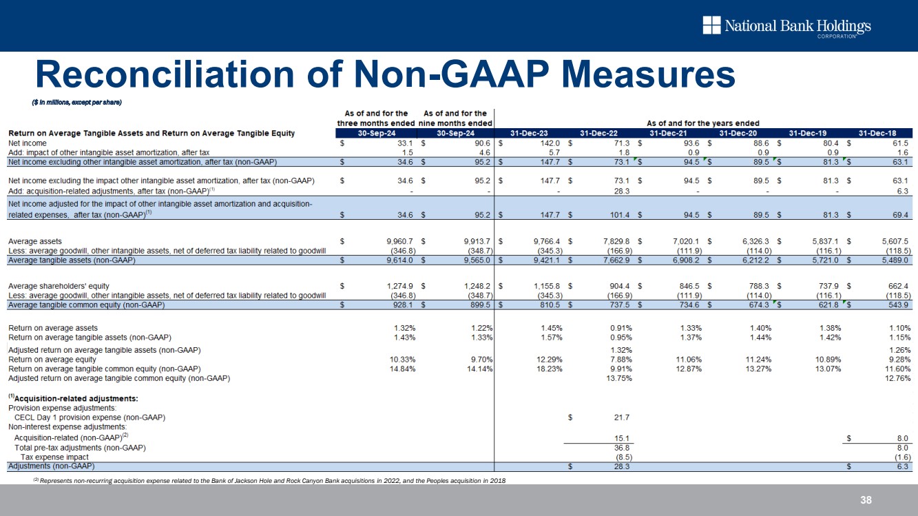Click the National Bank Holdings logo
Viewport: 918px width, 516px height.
[786, 27]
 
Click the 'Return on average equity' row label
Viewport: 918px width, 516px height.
[52, 360]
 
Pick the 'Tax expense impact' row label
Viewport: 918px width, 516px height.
[54, 457]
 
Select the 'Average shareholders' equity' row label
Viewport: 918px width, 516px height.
[59, 285]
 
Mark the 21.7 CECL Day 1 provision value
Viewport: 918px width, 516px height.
[622, 417]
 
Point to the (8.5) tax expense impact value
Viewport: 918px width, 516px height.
[619, 457]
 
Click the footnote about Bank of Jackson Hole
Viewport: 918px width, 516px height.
[269, 479]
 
